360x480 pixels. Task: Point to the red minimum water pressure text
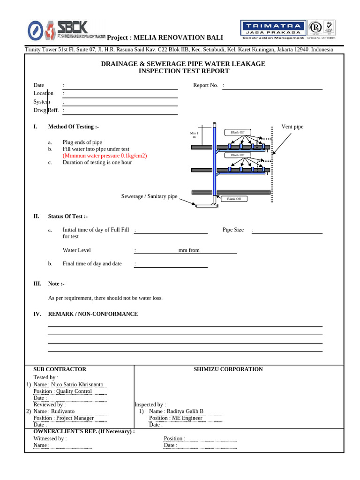[x=105, y=156]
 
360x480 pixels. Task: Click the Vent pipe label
[x=292, y=127]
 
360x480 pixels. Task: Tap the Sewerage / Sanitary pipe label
[x=149, y=196]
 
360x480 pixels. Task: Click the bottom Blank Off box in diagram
[x=233, y=199]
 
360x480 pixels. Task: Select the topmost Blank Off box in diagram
[x=238, y=132]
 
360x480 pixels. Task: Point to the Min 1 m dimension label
[x=194, y=135]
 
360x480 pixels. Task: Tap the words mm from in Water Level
[x=189, y=250]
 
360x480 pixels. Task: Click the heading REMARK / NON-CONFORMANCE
[x=93, y=314]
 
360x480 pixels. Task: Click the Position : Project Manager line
[x=64, y=418]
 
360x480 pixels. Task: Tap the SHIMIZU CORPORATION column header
[x=228, y=369]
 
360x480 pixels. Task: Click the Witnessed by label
[x=50, y=439]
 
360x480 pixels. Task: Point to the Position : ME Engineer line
[x=176, y=418]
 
